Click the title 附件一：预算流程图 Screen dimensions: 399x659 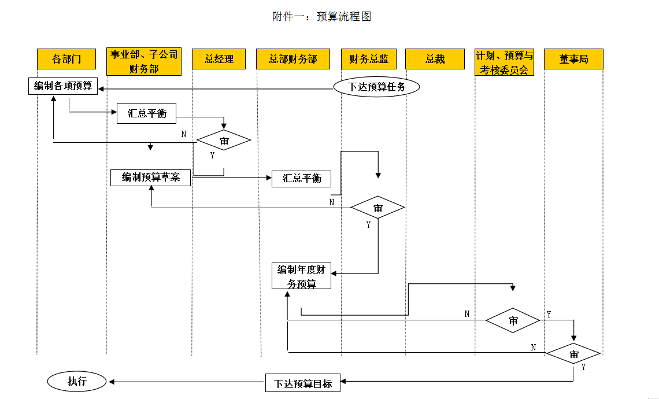pyautogui.click(x=321, y=17)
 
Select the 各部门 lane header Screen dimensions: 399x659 pyautogui.click(x=66, y=59)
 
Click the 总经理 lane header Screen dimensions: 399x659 pyautogui.click(x=219, y=59)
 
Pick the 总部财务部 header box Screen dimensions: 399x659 pyautogui.click(x=293, y=59)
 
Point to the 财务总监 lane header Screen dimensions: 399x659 pyautogui.click(x=369, y=59)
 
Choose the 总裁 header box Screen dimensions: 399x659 pyautogui.click(x=435, y=59)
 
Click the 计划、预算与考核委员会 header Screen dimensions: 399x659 pyautogui.click(x=505, y=62)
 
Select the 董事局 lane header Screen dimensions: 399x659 pyautogui.click(x=573, y=59)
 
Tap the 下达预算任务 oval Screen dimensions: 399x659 pyautogui.click(x=376, y=87)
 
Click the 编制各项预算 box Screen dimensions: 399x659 pyautogui.click(x=63, y=86)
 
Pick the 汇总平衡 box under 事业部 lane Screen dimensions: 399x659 pyautogui.click(x=146, y=113)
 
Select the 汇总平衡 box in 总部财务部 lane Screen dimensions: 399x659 pyautogui.click(x=302, y=179)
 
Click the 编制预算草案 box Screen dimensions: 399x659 pyautogui.click(x=151, y=178)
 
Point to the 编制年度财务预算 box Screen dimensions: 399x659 pyautogui.click(x=302, y=276)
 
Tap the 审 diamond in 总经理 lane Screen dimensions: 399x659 pyautogui.click(x=224, y=141)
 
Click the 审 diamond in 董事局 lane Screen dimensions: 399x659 pyautogui.click(x=573, y=353)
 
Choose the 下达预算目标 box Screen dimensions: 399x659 pyautogui.click(x=303, y=383)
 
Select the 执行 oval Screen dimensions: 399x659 pyautogui.click(x=77, y=381)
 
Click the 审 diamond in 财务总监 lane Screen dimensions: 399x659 pyautogui.click(x=377, y=208)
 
